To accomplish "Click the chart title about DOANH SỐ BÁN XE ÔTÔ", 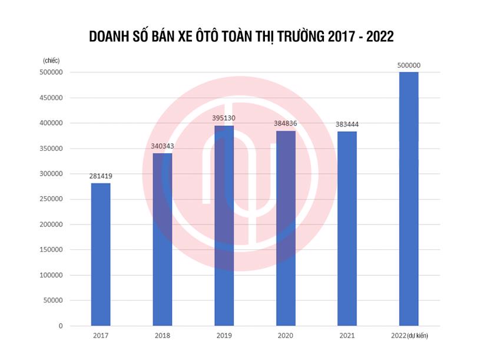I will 241,37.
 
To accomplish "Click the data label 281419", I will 101,175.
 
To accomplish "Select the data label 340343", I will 163,146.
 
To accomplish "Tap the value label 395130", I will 224,118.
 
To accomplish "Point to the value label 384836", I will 286,123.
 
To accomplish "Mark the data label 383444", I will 347,124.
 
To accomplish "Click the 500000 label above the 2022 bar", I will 409,65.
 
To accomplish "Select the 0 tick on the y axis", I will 60,326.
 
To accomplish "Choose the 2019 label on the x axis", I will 224,336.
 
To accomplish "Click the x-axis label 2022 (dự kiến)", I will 409,336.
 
